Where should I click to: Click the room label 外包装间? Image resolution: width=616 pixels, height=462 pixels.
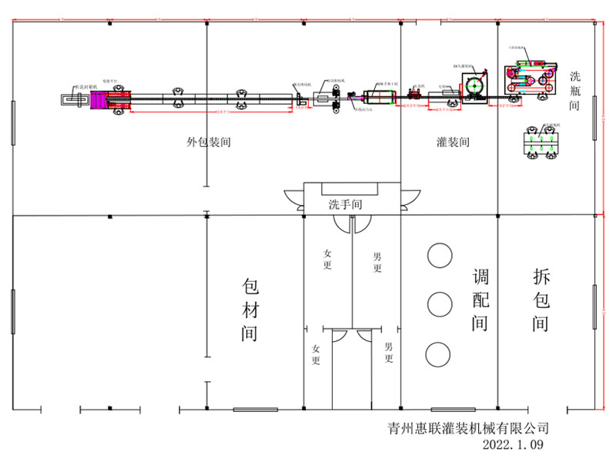[209, 142]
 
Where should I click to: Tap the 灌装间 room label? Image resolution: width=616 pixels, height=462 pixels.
[453, 142]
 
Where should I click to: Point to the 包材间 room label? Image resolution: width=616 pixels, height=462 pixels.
[249, 310]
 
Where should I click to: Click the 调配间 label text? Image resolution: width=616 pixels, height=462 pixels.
[480, 300]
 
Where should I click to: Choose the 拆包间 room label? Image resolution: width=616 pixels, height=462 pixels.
[541, 300]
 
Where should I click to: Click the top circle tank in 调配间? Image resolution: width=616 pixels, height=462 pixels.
[440, 256]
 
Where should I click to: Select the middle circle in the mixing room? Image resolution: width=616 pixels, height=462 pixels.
[440, 305]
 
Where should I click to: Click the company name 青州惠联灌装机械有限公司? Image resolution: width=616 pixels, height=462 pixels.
[468, 428]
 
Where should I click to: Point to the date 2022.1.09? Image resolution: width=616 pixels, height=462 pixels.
[514, 444]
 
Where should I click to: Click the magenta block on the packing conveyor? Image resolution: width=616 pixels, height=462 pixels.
[102, 100]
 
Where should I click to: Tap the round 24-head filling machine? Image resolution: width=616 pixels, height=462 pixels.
[476, 85]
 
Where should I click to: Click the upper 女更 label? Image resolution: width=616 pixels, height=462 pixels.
[328, 259]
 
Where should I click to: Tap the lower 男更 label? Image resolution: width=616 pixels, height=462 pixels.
[389, 353]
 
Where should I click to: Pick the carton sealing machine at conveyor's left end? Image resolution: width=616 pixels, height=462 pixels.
[75, 100]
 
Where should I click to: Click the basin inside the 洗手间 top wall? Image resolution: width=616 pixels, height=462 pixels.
[350, 189]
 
